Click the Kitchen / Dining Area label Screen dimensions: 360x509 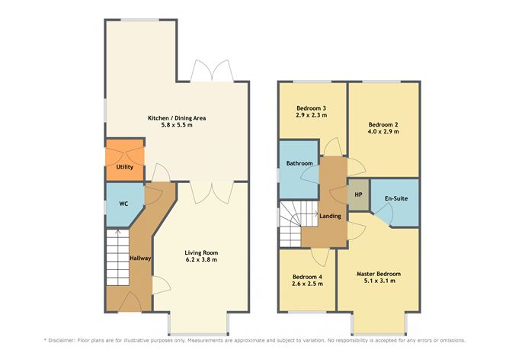(x=177, y=118)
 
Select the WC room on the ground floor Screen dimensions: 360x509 (x=123, y=204)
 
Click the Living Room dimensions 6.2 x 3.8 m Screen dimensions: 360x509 (x=201, y=259)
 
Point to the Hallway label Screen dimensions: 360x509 (x=140, y=259)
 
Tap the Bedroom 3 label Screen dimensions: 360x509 (x=311, y=108)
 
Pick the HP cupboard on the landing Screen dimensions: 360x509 (x=358, y=194)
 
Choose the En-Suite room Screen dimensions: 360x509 (x=395, y=199)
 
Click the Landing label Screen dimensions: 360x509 (x=329, y=216)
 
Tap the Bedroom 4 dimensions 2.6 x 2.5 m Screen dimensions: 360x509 (x=307, y=284)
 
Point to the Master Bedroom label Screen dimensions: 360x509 (x=379, y=273)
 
